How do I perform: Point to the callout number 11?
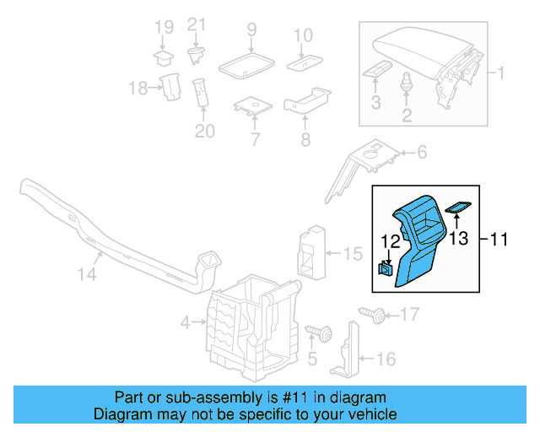click(499, 240)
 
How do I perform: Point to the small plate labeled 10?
click(302, 62)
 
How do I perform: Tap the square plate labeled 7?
click(251, 106)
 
